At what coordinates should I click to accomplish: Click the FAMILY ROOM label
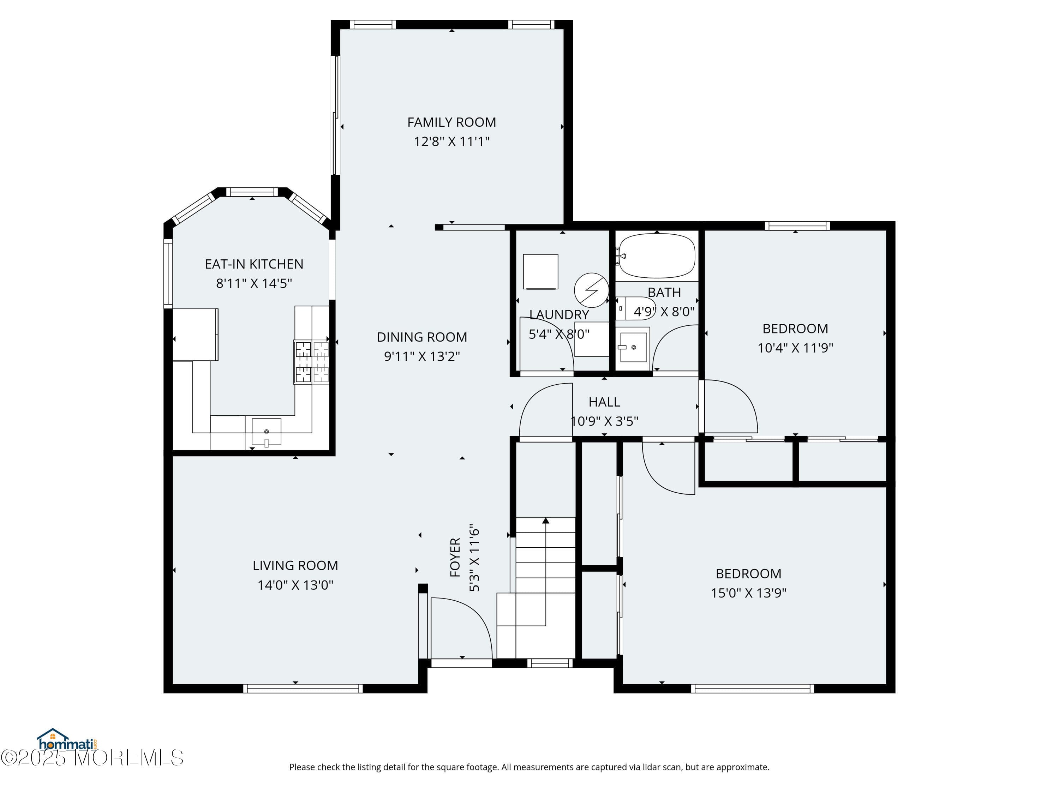(451, 122)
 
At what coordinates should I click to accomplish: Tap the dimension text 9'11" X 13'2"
(422, 356)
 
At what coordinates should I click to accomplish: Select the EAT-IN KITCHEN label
(254, 264)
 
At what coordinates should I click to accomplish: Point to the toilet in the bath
(637, 308)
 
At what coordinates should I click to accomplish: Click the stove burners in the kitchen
(312, 362)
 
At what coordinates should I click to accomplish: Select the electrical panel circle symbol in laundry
(591, 290)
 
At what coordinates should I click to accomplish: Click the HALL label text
(604, 402)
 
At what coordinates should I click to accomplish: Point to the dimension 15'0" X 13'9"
(748, 593)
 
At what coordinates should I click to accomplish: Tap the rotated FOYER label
(455, 558)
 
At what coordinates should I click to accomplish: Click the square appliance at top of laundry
(540, 272)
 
